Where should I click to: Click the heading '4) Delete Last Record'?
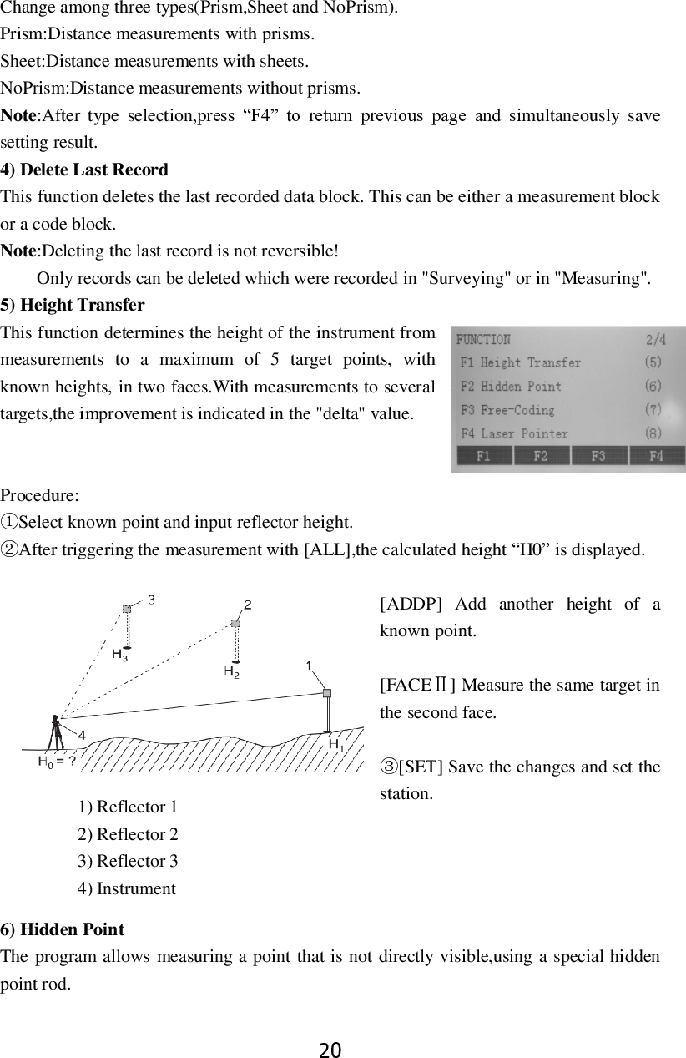point(84,170)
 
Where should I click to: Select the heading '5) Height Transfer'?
point(73,305)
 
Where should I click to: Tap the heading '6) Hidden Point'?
point(63,929)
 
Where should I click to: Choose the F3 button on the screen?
point(598,456)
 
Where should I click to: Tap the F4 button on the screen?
point(656,456)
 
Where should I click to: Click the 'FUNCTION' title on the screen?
point(483,340)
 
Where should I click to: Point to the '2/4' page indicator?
point(655,340)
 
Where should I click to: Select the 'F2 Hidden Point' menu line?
point(512,387)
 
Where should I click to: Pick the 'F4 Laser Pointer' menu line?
point(515,433)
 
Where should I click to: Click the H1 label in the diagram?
point(335,744)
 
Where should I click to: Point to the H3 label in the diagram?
point(119,656)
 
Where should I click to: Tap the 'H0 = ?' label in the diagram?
point(58,761)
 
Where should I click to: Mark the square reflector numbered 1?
point(327,692)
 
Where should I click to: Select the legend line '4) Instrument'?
point(127,888)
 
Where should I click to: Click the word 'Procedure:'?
point(40,494)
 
